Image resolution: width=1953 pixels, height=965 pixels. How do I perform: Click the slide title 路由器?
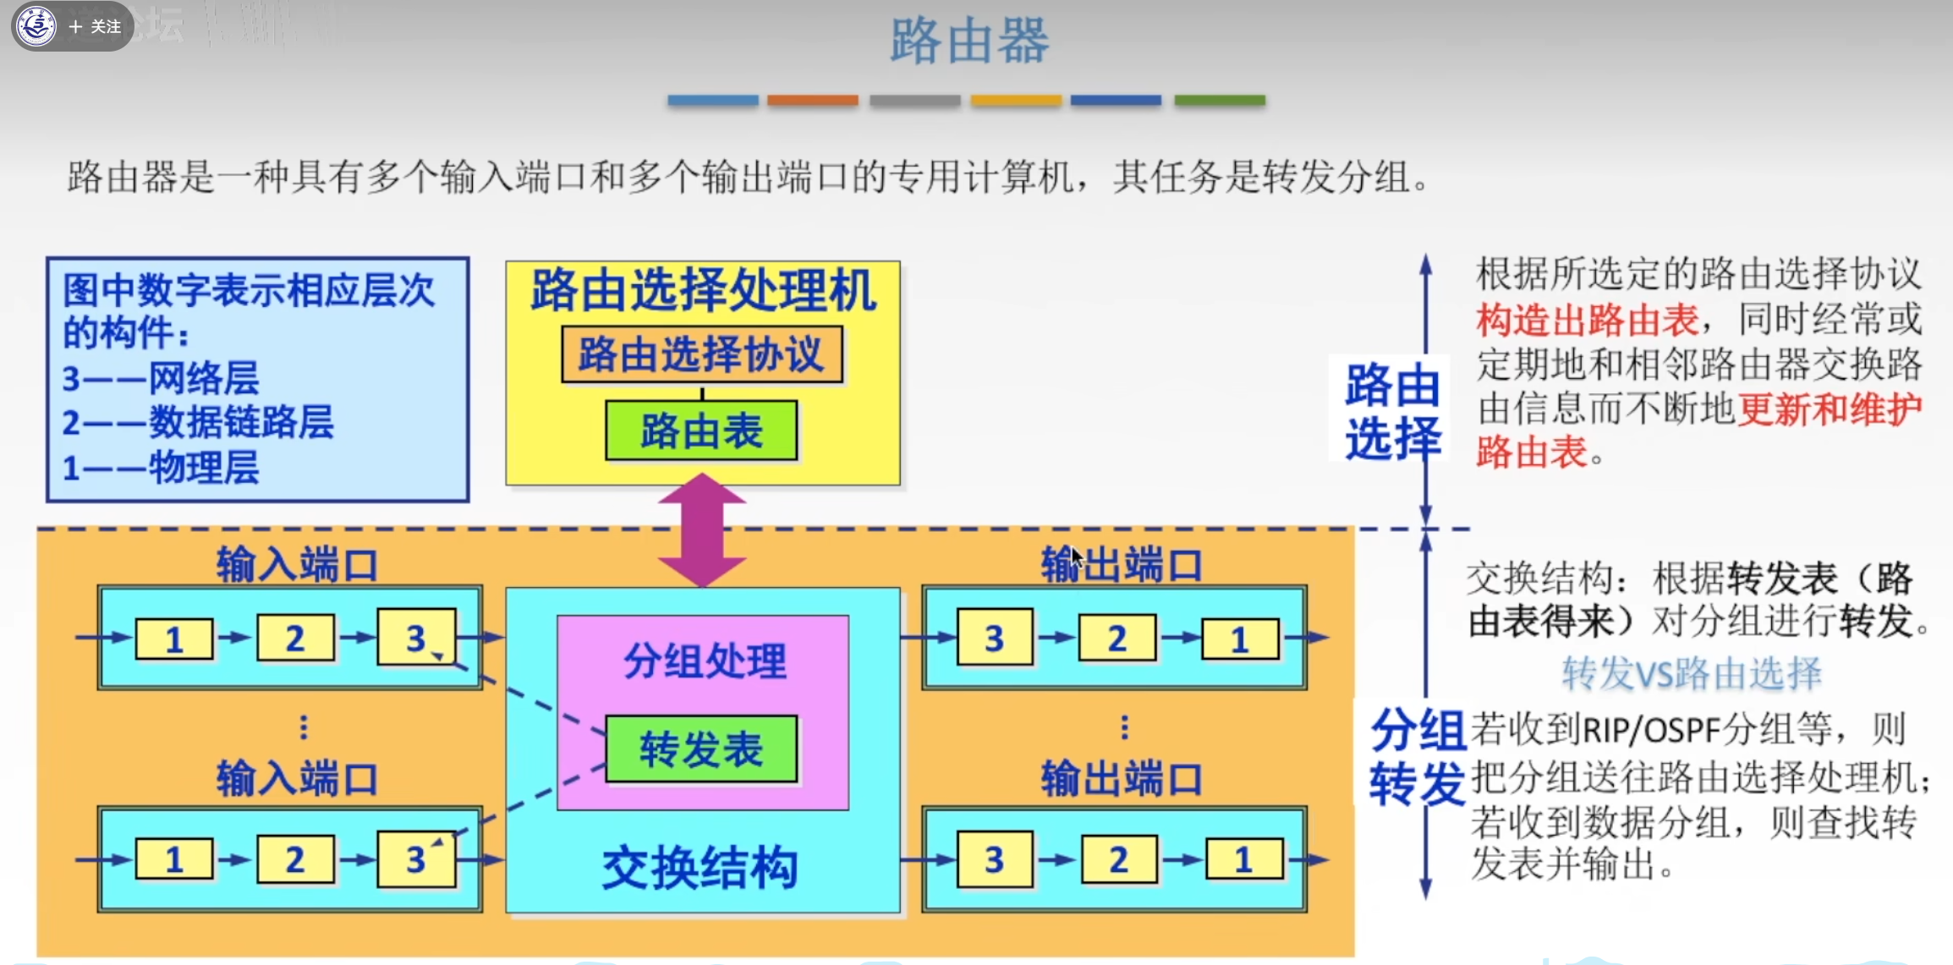point(969,41)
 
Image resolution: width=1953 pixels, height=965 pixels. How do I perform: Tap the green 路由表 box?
point(701,431)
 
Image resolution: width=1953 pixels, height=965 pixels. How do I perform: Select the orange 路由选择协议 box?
point(701,354)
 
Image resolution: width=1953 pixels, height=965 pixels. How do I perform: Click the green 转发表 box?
point(701,749)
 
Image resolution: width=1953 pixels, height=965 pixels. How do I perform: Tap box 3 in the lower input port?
point(416,860)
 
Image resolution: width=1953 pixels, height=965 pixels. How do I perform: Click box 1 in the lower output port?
point(1243,860)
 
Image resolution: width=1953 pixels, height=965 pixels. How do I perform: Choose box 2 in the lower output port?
point(1118,860)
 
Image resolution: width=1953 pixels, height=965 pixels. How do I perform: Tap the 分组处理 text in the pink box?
point(705,661)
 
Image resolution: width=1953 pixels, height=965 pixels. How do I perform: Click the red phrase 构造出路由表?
point(1588,321)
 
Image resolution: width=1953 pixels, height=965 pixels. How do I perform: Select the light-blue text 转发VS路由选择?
point(1691,674)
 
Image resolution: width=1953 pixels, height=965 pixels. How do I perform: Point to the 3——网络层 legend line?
point(161,378)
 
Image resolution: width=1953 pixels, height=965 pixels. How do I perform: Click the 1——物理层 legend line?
point(161,468)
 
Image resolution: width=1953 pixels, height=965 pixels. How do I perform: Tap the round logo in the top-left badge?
point(36,26)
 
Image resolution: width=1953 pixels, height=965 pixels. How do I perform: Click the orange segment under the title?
point(812,100)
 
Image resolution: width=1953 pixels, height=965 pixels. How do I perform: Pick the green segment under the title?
point(1219,100)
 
